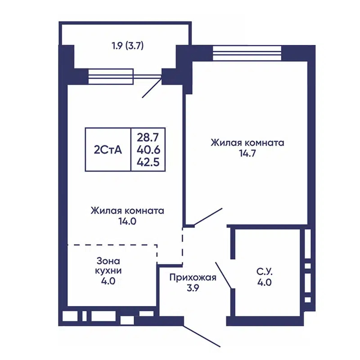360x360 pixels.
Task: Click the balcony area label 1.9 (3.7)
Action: coord(127,45)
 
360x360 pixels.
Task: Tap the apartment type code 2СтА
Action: coord(108,150)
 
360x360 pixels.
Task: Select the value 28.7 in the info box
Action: coord(148,136)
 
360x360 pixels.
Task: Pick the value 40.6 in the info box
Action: coord(148,149)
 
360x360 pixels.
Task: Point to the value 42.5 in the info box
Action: coord(148,162)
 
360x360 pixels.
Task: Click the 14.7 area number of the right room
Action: coord(247,153)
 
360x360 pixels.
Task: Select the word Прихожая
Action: coord(193,278)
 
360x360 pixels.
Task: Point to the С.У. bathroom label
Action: coord(265,272)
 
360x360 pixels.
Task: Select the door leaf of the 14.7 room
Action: coord(208,216)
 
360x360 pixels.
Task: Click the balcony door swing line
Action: coord(152,88)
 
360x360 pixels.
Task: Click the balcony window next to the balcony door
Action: coord(111,76)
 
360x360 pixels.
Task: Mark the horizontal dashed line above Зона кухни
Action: coord(112,245)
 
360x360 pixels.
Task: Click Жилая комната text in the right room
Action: coord(247,143)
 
